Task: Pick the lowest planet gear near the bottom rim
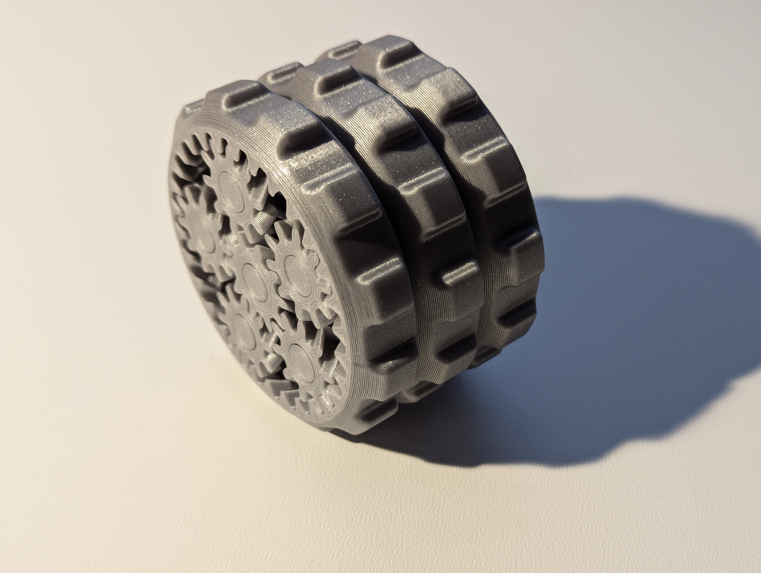pos(303,358)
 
